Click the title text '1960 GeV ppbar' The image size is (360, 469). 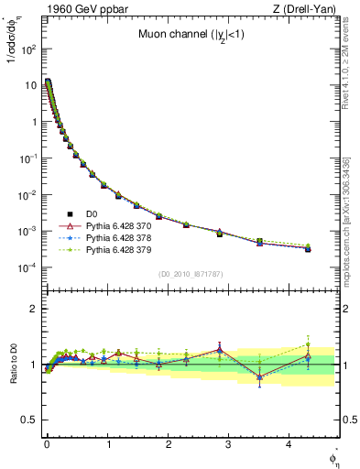tap(79, 10)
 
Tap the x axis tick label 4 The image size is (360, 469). tap(289, 441)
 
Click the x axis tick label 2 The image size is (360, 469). tap(168, 441)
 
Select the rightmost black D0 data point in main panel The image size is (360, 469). tap(308, 248)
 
